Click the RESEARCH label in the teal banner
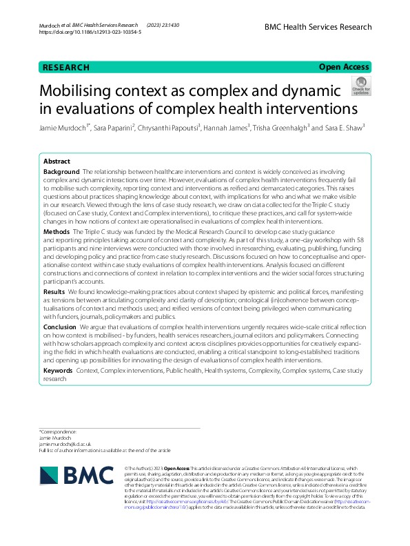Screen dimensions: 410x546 pos(66,68)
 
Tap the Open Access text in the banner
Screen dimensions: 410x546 pos(345,68)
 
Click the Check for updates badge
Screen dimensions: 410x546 pos(360,86)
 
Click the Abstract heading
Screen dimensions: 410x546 pos(57,161)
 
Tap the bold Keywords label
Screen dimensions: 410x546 pos(60,371)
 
